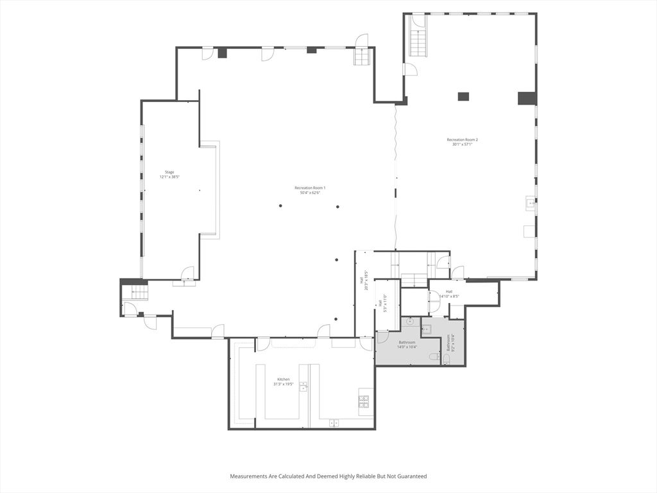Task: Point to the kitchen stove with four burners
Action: point(364,402)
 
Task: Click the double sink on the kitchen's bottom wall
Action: point(334,423)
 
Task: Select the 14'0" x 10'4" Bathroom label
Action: point(407,344)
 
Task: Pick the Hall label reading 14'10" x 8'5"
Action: point(448,293)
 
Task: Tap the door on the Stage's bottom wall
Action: point(187,274)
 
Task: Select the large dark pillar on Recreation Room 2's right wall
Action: point(527,98)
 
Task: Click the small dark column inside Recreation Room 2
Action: point(463,97)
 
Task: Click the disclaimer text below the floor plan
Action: point(328,476)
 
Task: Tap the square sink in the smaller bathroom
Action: point(427,329)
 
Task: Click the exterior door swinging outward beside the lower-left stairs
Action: point(149,322)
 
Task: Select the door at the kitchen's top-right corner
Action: point(366,343)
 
